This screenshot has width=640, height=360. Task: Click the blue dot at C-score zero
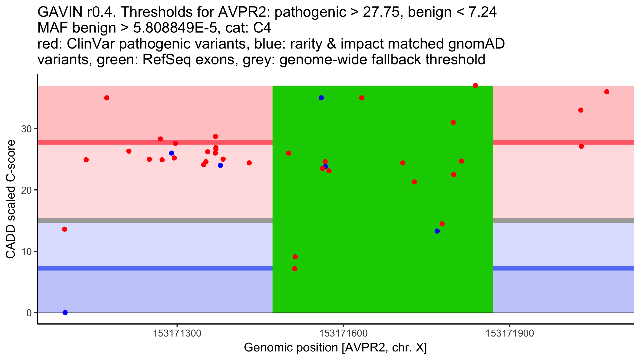coord(65,313)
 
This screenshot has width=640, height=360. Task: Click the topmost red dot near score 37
coord(475,86)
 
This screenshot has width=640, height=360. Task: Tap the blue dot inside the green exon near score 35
coord(321,98)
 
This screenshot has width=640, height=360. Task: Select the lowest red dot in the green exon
coord(294,269)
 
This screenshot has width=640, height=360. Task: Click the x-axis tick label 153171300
coord(177,334)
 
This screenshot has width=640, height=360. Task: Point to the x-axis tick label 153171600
coord(343,334)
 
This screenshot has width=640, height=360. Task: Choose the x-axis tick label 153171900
coord(510,334)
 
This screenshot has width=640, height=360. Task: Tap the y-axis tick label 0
coord(29,313)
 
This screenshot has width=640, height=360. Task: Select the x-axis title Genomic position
coord(335,348)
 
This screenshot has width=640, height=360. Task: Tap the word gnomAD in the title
coord(476,44)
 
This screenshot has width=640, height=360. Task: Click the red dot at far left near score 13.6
coord(65,229)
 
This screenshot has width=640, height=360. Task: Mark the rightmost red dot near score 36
coord(607,92)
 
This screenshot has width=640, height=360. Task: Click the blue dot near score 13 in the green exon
coord(437,231)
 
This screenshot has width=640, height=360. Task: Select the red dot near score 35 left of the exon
coord(107,98)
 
